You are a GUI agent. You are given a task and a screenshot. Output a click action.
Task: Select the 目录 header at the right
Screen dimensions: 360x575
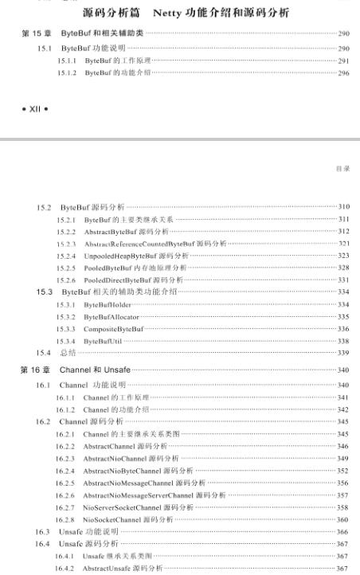click(x=345, y=169)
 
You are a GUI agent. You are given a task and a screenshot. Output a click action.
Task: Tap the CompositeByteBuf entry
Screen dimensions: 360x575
click(x=110, y=328)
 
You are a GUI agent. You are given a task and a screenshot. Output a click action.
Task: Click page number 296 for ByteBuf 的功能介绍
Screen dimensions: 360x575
click(x=344, y=72)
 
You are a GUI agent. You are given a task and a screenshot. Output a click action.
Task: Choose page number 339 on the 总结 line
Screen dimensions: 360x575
click(x=344, y=352)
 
